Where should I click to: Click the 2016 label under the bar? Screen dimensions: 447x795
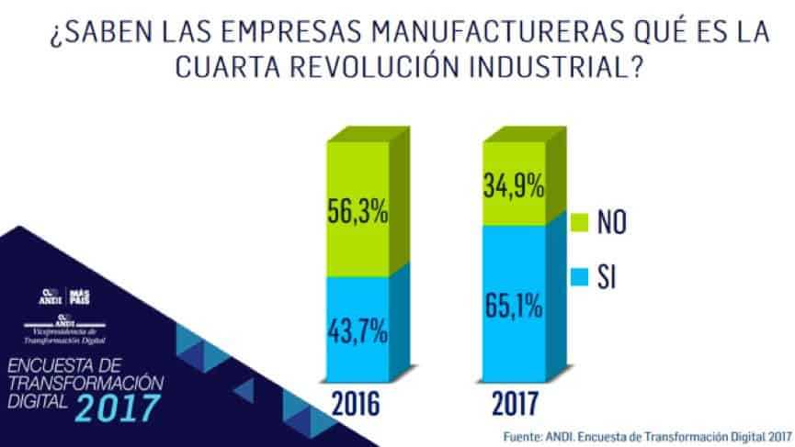point(356,404)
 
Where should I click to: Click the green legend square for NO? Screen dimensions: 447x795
point(579,223)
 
